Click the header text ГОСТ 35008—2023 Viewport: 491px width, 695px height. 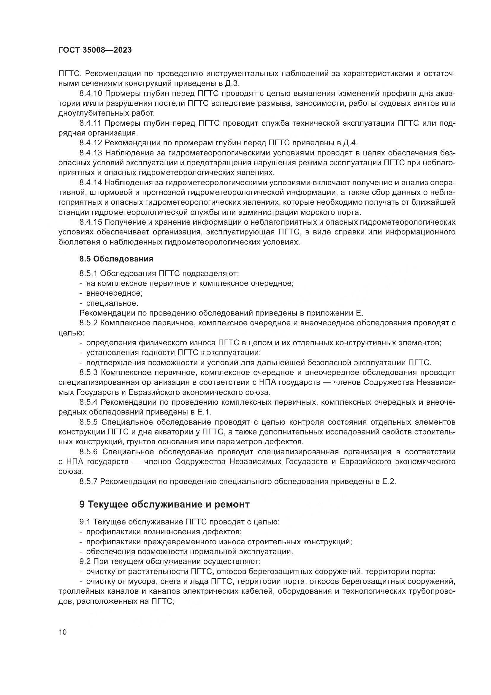[95, 50]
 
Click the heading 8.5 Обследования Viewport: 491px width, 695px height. [116, 259]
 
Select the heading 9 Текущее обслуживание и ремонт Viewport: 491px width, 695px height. [164, 504]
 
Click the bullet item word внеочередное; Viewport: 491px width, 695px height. [114, 293]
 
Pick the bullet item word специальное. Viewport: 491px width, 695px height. [112, 303]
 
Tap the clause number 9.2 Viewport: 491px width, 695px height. [85, 562]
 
